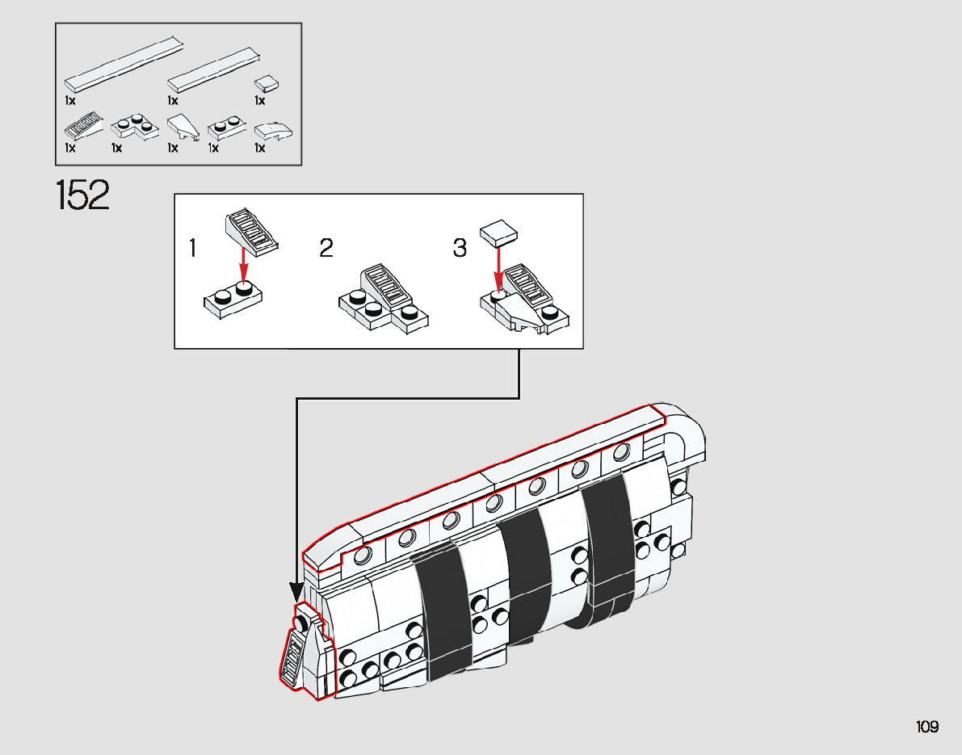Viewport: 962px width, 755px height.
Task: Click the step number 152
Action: (82, 195)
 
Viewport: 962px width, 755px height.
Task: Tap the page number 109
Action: (927, 727)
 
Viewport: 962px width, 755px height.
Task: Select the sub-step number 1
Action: (192, 248)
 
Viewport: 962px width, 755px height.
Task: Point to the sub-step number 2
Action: (326, 248)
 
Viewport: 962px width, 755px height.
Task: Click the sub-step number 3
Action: (460, 248)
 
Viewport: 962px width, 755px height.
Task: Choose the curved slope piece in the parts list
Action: (273, 132)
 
